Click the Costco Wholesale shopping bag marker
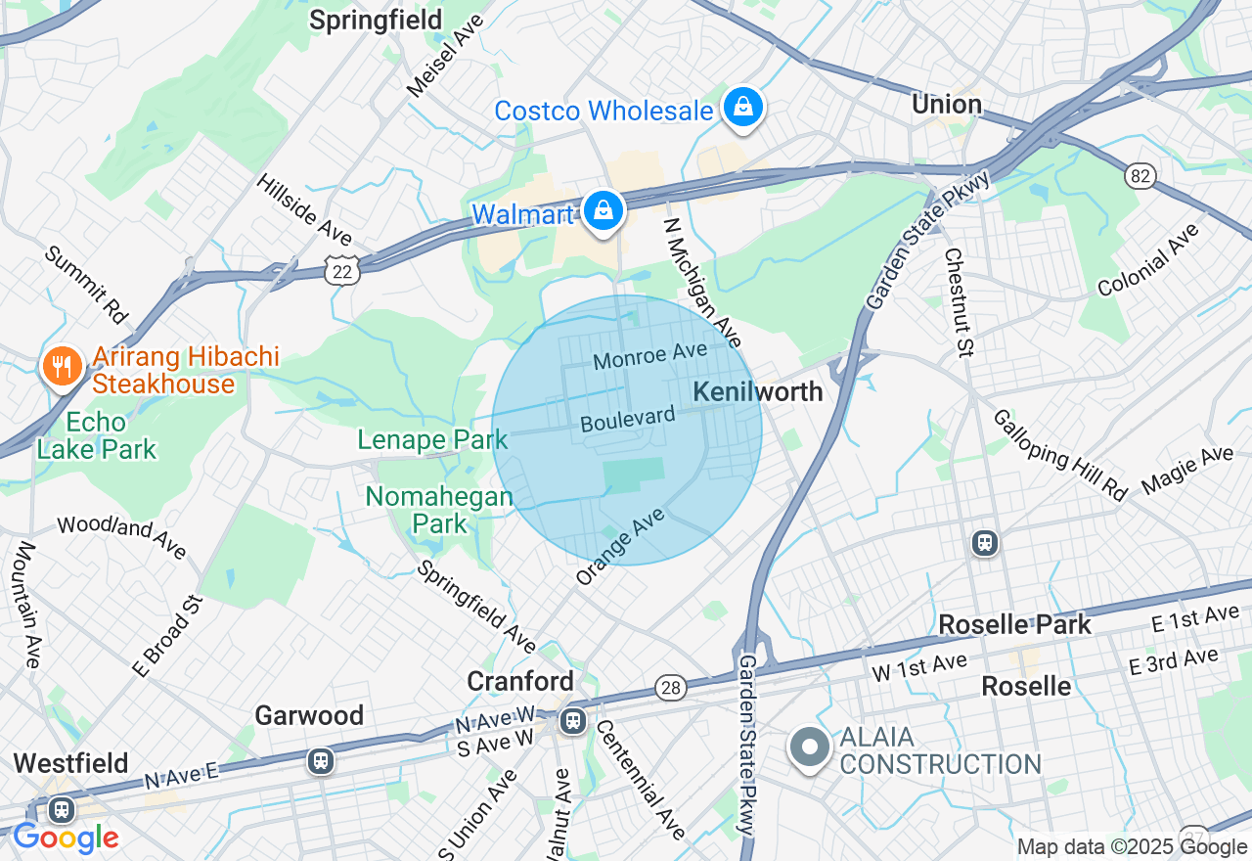pos(743,109)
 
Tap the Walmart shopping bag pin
pos(604,210)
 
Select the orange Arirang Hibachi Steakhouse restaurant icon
pos(62,367)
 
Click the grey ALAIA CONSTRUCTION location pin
pos(809,748)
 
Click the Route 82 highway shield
pos(1140,176)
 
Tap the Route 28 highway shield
pos(671,689)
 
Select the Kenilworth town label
pos(757,392)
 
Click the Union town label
pos(946,104)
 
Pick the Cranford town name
pos(520,681)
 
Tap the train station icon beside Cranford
pos(573,722)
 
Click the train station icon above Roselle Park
pos(985,543)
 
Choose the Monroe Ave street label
pos(649,356)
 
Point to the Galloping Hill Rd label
pos(1059,455)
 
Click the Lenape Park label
pos(432,440)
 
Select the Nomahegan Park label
pos(439,510)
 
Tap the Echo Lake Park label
pos(96,436)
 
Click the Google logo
pos(66,838)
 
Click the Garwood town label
pos(309,715)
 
